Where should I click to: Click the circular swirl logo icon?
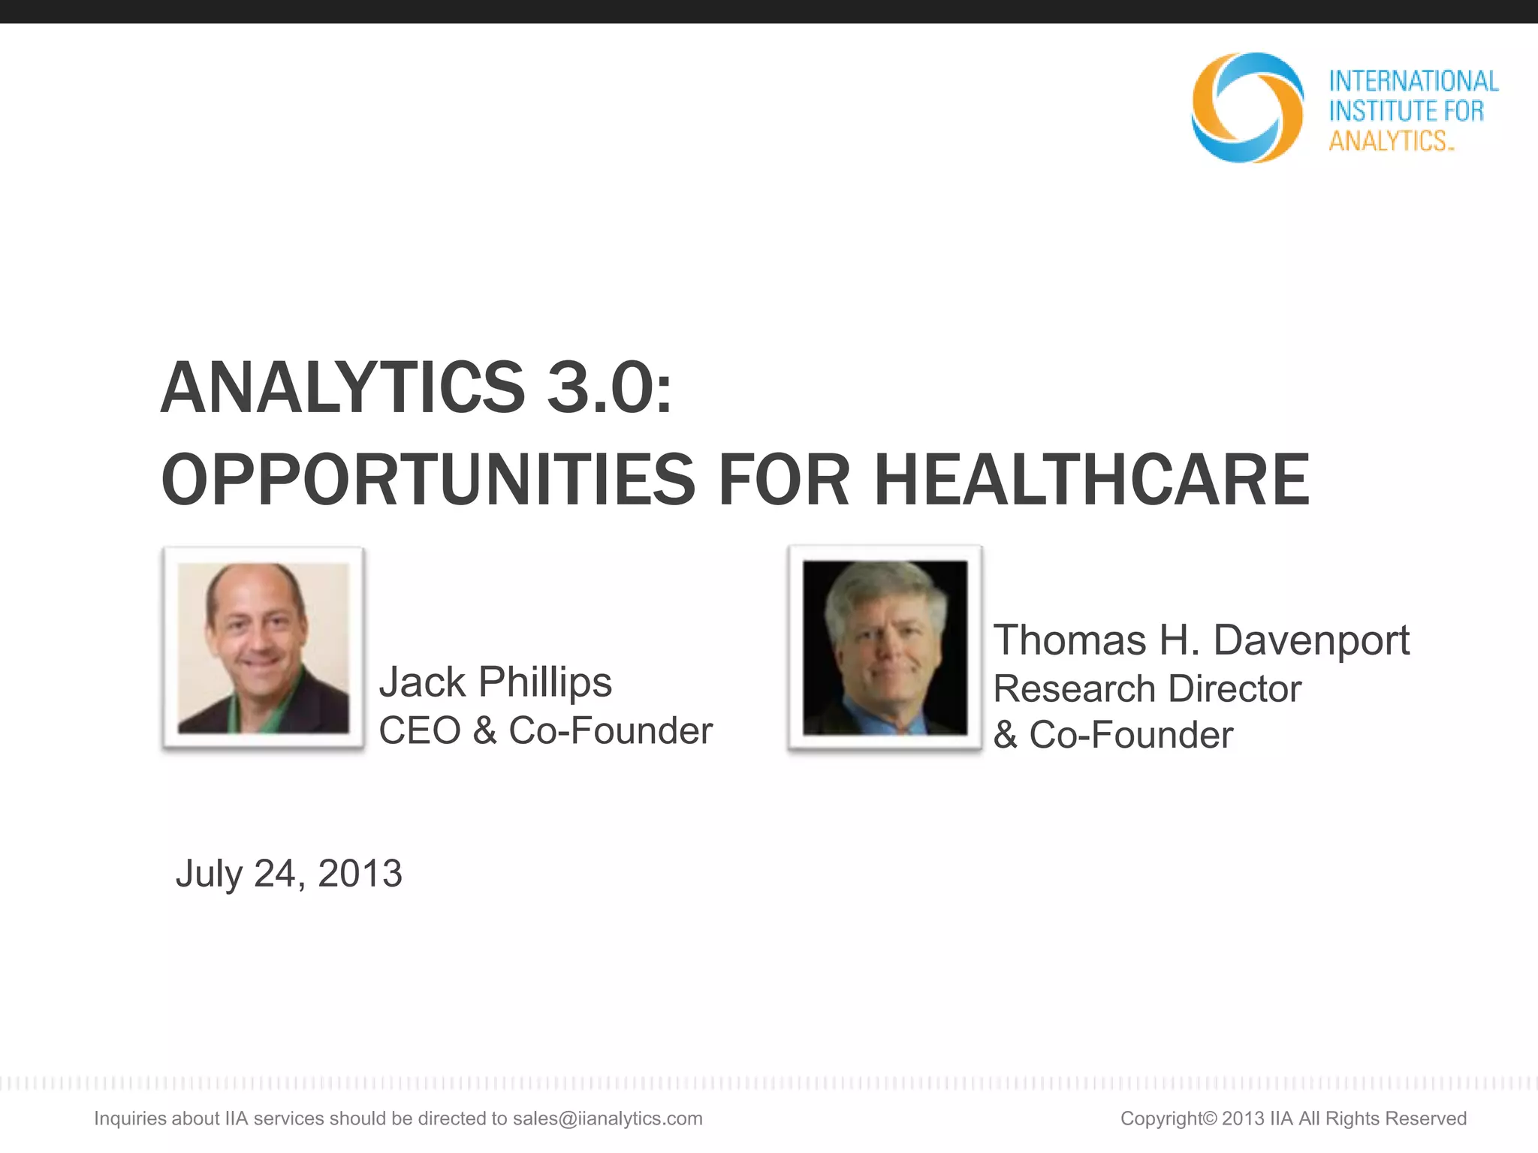[1247, 107]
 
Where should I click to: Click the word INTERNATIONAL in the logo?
[1413, 81]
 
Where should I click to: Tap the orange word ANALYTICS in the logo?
[1388, 141]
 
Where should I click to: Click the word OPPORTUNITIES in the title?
[429, 480]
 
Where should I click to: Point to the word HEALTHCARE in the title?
[1092, 480]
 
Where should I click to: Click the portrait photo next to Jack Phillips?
[263, 648]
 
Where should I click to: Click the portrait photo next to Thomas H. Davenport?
[885, 648]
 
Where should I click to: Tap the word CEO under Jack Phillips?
[419, 730]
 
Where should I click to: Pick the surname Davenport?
[1311, 640]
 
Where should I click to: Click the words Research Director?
[1147, 688]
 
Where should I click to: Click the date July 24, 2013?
[289, 874]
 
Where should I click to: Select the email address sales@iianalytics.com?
[608, 1118]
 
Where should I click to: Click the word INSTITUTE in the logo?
[1383, 111]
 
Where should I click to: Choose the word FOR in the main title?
[784, 480]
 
